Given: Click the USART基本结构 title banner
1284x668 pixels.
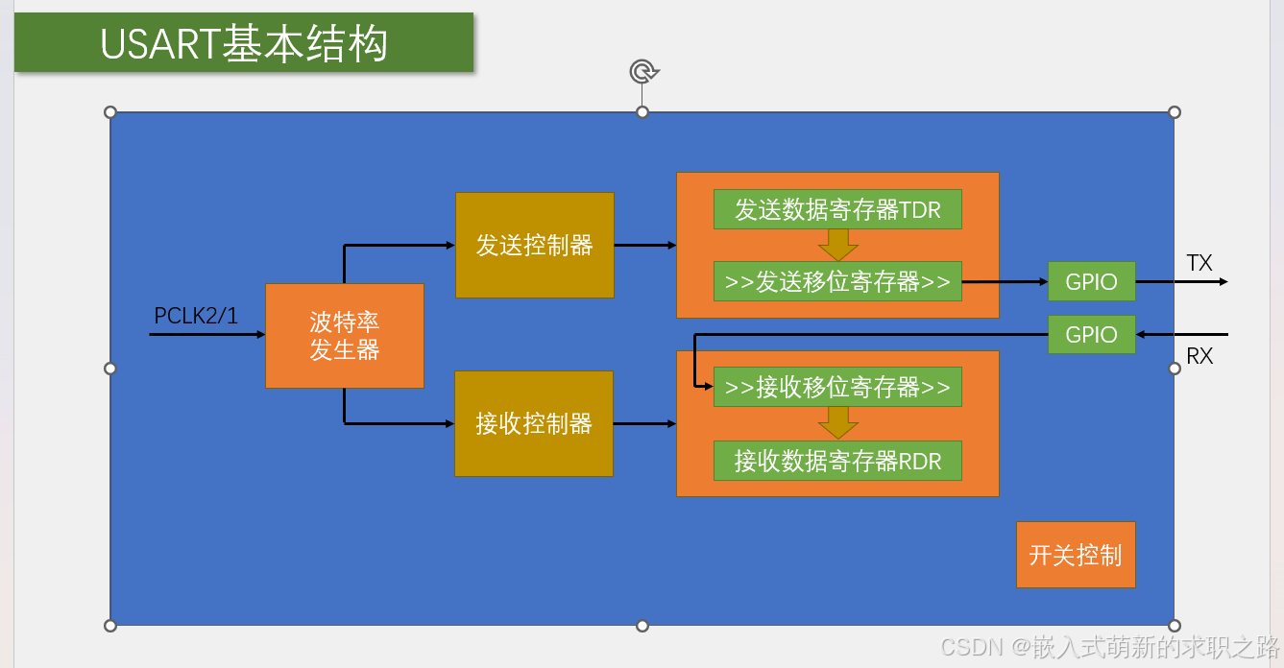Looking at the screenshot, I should pos(244,43).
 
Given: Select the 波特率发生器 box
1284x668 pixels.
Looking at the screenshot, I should pos(344,336).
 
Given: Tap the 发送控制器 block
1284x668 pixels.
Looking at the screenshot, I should pos(534,245).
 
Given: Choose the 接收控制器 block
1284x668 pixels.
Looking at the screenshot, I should pos(534,423).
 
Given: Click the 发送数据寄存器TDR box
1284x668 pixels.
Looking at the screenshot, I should pos(837,209).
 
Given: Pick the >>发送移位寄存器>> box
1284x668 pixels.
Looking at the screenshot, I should pos(837,281).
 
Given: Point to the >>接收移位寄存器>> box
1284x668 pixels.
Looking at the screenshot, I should pos(837,387).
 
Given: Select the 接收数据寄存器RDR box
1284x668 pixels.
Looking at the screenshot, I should pos(837,461).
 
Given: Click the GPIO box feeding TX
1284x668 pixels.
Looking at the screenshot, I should pos(1091,281).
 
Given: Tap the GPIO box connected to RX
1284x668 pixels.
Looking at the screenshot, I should pos(1091,334).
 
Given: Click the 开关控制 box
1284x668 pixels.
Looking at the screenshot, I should pos(1076,555).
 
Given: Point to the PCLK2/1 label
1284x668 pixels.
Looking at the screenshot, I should pos(196,316).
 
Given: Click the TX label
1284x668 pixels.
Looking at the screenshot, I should pos(1199,263).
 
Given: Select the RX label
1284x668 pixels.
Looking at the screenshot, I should pos(1199,356).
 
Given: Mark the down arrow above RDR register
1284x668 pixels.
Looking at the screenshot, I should pos(837,423).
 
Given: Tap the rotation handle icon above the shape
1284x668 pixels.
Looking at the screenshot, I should pos(642,71).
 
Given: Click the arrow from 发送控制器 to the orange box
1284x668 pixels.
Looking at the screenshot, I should pos(644,245).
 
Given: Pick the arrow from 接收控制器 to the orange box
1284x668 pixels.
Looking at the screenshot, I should pos(644,423).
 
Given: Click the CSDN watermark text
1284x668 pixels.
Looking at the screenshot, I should pos(1109,647).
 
